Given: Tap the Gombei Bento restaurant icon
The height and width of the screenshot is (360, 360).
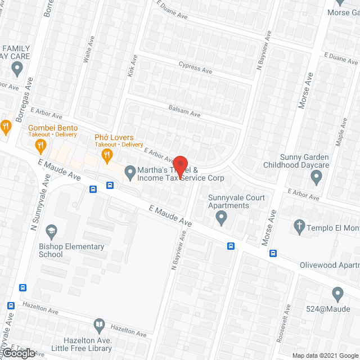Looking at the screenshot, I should click(x=40, y=146).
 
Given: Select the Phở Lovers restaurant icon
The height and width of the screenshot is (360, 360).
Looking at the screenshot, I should click(x=105, y=156).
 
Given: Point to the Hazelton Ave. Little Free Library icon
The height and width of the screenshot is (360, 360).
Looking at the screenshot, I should click(x=99, y=325).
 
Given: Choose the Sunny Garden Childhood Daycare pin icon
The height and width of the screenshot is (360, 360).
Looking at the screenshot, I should click(x=316, y=178).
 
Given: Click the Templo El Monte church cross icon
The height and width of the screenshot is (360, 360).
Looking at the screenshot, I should click(x=299, y=227).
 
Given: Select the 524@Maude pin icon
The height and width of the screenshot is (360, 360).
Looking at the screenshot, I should click(x=337, y=294).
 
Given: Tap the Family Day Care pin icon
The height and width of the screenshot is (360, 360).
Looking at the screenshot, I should click(x=17, y=69).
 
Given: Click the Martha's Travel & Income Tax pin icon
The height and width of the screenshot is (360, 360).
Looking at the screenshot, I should click(x=130, y=172).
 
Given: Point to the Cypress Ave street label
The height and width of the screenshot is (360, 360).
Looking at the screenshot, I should click(x=195, y=69).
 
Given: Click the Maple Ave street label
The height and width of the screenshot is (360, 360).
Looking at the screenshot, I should click(x=341, y=132).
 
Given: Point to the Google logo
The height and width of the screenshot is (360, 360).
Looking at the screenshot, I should click(x=18, y=353).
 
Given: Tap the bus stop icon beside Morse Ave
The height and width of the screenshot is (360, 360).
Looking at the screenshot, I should click(x=273, y=253).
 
